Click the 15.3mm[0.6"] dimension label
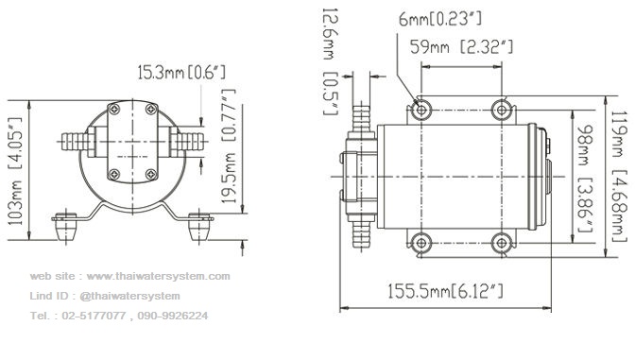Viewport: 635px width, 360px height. [x=181, y=71]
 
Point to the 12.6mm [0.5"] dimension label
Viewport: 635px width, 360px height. [x=330, y=60]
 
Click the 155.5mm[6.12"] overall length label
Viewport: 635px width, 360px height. [x=446, y=291]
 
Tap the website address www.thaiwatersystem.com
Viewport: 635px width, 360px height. [x=129, y=277]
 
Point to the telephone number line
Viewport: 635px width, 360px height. [x=119, y=316]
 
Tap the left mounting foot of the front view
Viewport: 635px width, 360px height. [x=64, y=227]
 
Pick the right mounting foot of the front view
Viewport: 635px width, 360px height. [x=199, y=227]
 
